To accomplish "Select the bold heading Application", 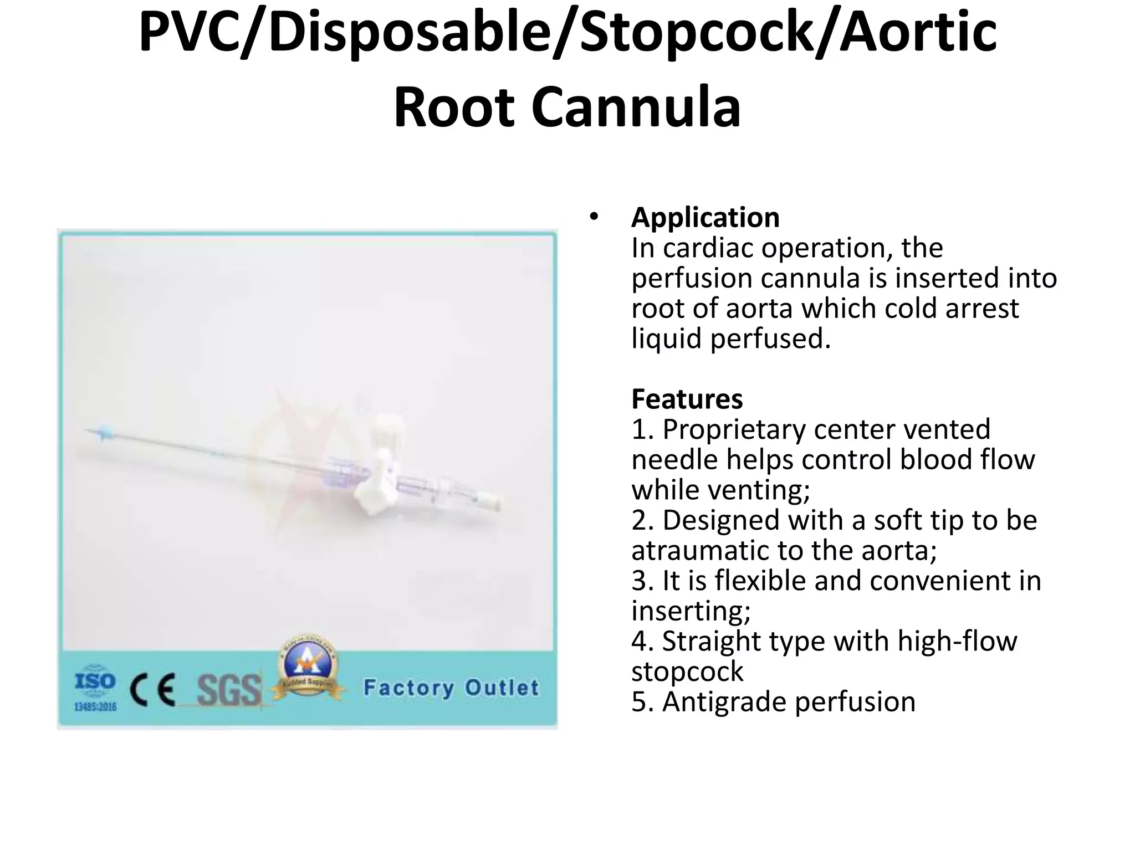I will click(705, 217).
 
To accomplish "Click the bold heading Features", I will click(687, 399).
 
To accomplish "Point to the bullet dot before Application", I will click(594, 217).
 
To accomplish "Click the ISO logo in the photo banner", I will click(95, 681).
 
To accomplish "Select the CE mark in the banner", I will click(153, 690).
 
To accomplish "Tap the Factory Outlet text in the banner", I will click(451, 688).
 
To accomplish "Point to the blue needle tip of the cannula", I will click(103, 432).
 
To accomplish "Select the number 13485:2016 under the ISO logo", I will click(95, 707).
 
